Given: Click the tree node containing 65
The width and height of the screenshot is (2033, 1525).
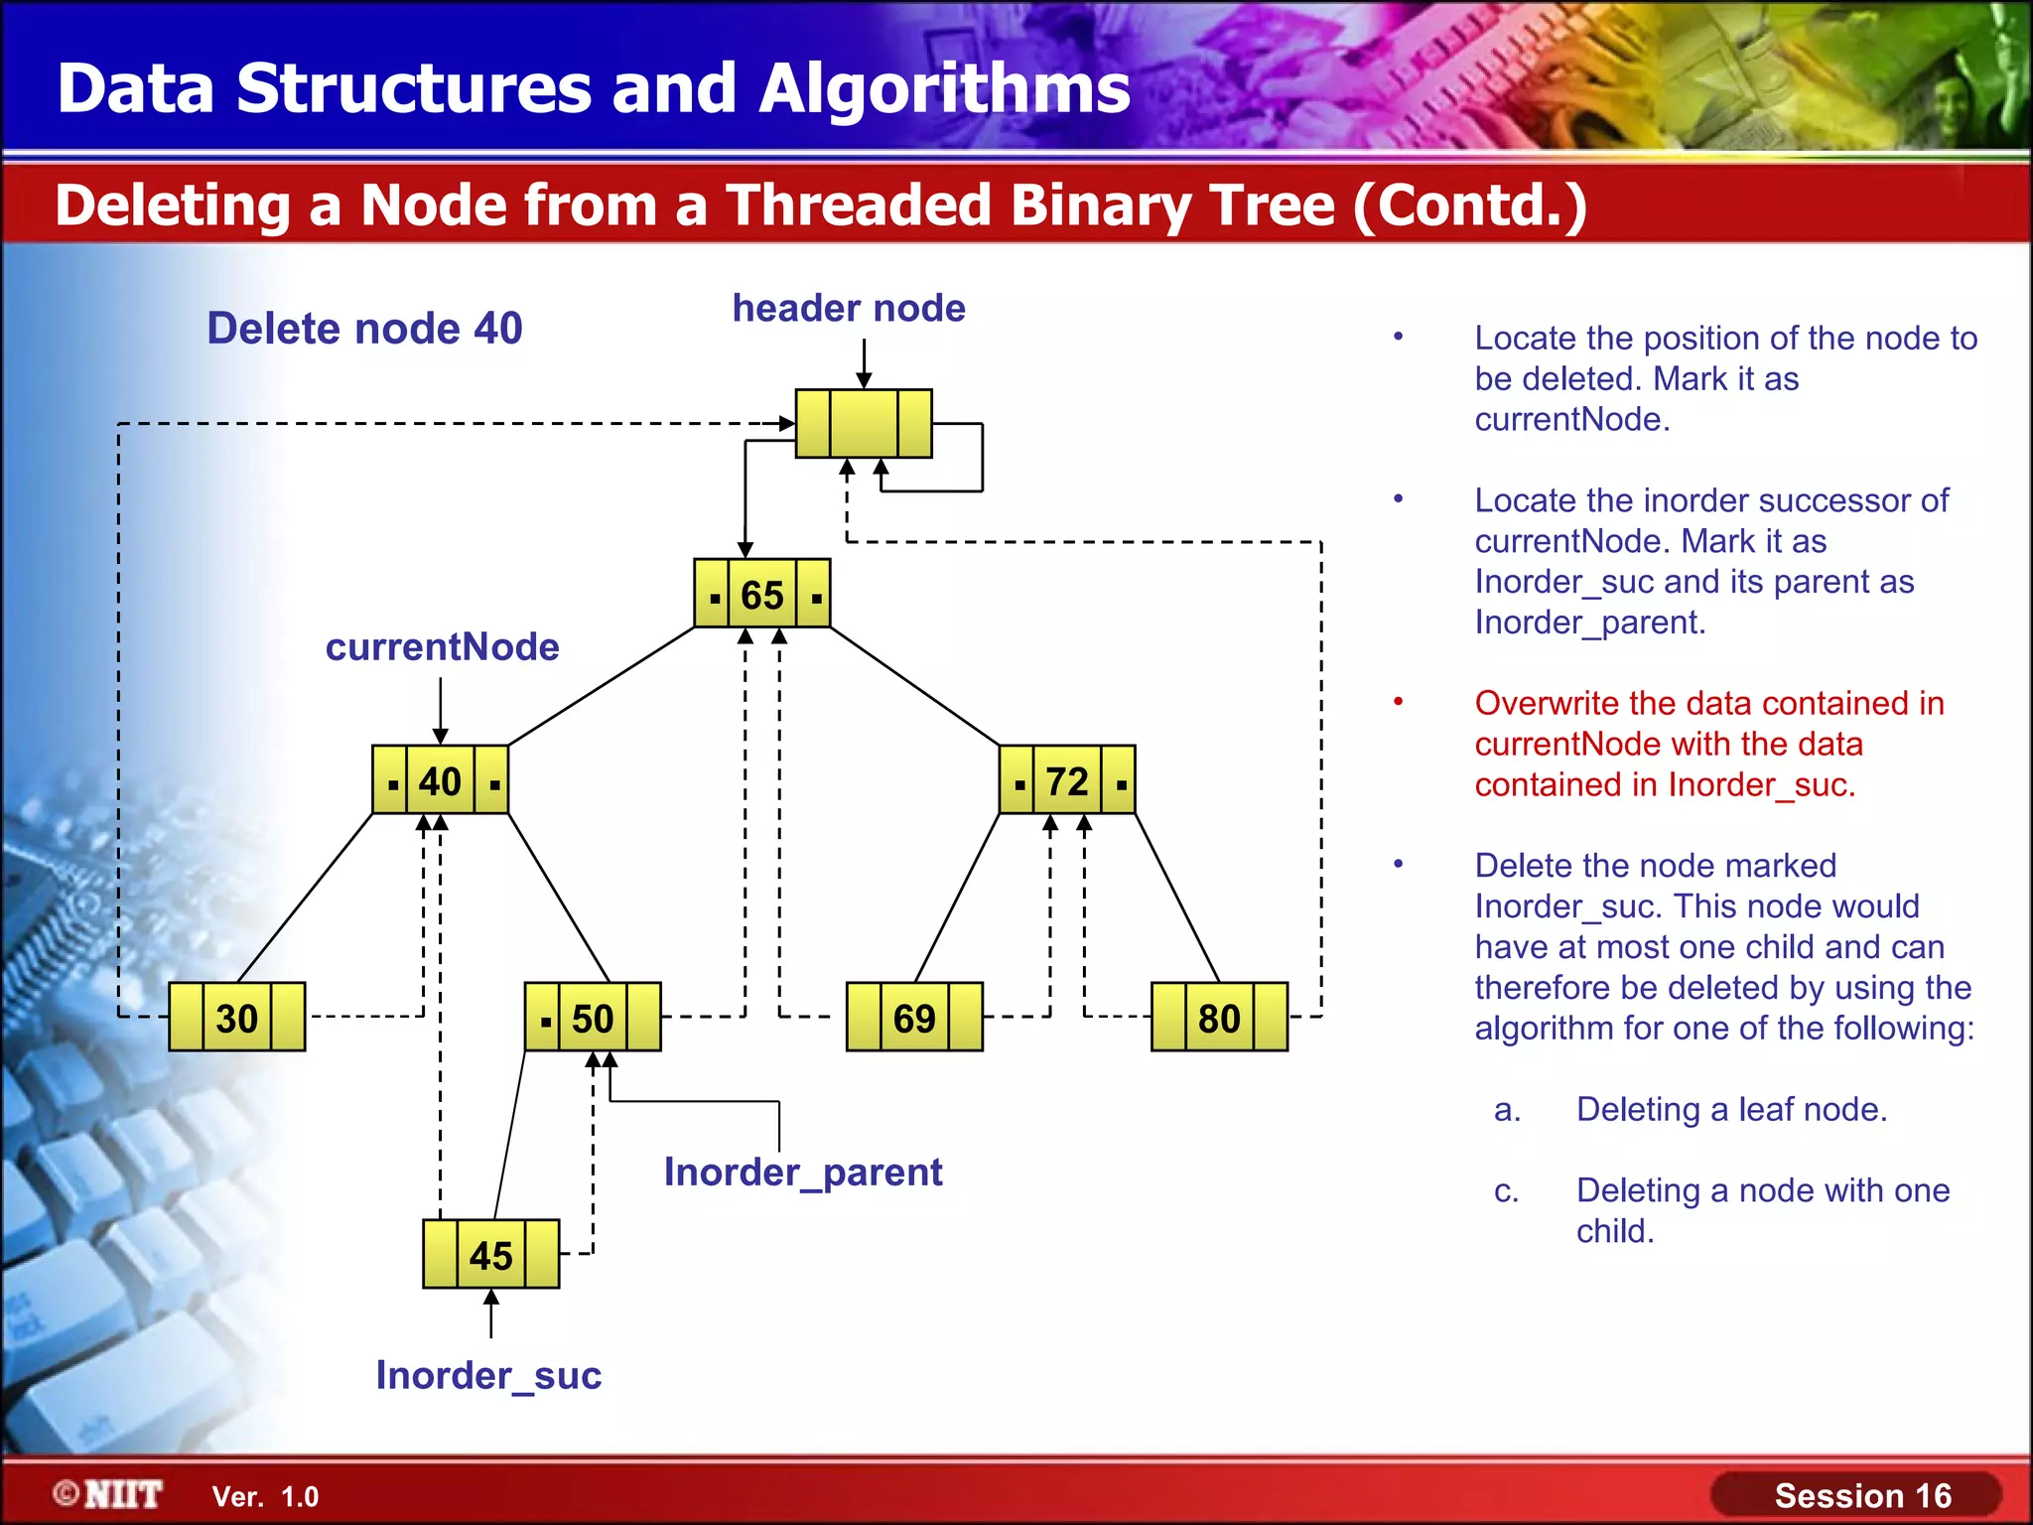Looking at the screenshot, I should pyautogui.click(x=761, y=594).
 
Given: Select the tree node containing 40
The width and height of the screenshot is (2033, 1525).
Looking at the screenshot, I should pyautogui.click(x=440, y=780).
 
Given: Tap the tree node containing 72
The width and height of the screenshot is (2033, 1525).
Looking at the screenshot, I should pyautogui.click(x=1066, y=780).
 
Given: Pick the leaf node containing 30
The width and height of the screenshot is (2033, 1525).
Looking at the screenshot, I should pyautogui.click(x=236, y=1017).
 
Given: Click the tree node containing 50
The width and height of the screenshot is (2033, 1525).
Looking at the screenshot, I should pyautogui.click(x=593, y=1017).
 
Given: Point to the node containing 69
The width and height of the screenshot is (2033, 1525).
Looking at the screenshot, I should pyautogui.click(x=913, y=1017).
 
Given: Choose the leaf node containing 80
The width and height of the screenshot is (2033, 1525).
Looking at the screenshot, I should pyautogui.click(x=1219, y=1017).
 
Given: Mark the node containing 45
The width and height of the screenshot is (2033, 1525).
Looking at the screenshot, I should pyautogui.click(x=490, y=1254).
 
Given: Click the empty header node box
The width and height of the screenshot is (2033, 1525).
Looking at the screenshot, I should pyautogui.click(x=864, y=424).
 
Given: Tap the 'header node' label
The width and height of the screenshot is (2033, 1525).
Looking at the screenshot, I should pyautogui.click(x=849, y=308).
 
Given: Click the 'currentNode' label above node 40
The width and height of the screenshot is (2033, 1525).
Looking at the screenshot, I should pyautogui.click(x=442, y=646).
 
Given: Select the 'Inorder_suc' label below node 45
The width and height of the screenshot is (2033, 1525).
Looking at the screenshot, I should pyautogui.click(x=488, y=1375).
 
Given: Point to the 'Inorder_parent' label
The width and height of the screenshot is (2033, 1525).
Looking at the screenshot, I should pyautogui.click(x=803, y=1172).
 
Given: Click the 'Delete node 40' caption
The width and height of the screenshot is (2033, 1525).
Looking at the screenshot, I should pyautogui.click(x=364, y=328).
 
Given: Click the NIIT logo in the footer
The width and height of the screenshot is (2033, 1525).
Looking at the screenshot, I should pyautogui.click(x=109, y=1494).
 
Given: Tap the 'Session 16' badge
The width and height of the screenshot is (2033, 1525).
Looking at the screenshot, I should pyautogui.click(x=1861, y=1495).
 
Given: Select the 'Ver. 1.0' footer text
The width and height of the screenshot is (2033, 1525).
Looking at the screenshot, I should pyautogui.click(x=265, y=1496).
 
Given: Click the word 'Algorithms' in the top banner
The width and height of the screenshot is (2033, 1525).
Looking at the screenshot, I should pyautogui.click(x=944, y=89).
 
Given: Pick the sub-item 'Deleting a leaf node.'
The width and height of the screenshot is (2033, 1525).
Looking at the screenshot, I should pyautogui.click(x=1731, y=1109).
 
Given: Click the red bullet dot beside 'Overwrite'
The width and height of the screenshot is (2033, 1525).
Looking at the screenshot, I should pyautogui.click(x=1398, y=702).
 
